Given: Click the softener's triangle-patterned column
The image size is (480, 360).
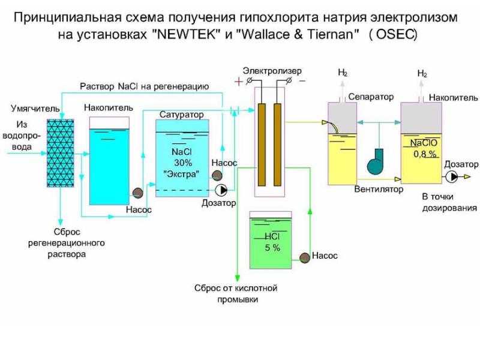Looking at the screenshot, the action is click(61, 153).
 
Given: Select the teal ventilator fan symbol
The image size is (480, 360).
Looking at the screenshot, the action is click(376, 161).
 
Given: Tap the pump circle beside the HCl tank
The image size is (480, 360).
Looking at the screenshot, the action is click(305, 258).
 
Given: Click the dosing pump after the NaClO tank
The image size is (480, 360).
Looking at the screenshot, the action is click(451, 176).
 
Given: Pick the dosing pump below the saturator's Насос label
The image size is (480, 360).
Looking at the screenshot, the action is click(221, 190).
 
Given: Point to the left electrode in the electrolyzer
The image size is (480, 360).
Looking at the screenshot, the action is click(262, 145).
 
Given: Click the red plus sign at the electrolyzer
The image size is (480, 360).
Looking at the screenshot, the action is click(238, 82).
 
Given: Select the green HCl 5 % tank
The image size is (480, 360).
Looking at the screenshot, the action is click(271, 240).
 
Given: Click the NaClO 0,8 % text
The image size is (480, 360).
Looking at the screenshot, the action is click(424, 148).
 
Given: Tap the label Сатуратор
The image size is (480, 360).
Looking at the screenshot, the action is click(182, 115).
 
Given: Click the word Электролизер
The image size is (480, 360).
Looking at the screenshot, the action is click(272, 71).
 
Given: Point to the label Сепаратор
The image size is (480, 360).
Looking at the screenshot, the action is click(371, 97).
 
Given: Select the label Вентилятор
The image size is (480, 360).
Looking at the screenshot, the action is click(379, 189).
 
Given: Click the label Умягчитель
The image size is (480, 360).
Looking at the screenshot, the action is click(35, 109).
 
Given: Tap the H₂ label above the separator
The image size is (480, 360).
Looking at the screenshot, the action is click(343, 73).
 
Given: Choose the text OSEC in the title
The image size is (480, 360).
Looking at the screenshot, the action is click(394, 34).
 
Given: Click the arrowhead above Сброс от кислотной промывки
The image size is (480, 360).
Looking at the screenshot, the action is click(237, 277).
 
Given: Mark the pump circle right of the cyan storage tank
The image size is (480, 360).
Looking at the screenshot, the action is click(138, 192).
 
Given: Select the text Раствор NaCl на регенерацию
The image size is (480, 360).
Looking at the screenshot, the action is click(145, 86).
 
